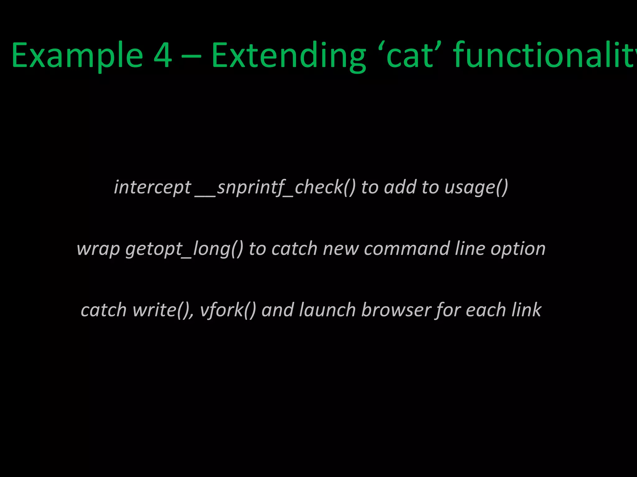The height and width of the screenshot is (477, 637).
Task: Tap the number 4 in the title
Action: click(x=163, y=56)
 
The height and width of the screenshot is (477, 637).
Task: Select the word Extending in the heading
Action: click(x=288, y=56)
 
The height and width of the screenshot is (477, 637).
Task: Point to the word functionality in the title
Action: click(x=544, y=56)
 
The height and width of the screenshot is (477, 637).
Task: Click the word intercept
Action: click(x=152, y=188)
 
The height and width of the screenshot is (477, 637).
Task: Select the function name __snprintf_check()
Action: click(x=275, y=188)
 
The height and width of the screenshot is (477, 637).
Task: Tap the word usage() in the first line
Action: click(x=476, y=188)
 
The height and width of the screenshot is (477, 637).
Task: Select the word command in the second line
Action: click(x=407, y=248)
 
